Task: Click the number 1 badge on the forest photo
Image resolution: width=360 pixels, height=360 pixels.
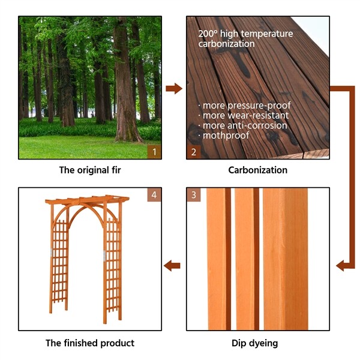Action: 154,152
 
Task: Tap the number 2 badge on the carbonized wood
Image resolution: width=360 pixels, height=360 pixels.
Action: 193,152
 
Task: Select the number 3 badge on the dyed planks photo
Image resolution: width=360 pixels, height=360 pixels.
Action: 193,195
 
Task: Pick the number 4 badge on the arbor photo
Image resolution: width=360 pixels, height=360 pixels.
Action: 154,195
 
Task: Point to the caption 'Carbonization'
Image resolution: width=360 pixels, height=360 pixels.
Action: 257,170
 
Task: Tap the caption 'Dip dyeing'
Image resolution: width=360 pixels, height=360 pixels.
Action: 257,344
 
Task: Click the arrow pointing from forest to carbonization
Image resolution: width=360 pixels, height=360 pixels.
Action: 174,89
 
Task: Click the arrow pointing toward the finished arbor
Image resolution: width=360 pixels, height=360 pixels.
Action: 173,265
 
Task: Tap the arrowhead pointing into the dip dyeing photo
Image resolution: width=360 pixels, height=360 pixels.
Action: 341,265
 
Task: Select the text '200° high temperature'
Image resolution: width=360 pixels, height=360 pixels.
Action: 245,34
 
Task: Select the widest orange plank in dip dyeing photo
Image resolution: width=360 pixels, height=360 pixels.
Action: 286,258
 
